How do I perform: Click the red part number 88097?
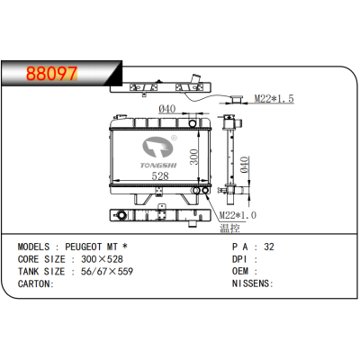[51, 74]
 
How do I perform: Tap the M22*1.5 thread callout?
[274, 98]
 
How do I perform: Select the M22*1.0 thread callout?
[238, 215]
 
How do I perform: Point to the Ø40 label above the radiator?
[167, 109]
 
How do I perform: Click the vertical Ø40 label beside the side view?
[245, 165]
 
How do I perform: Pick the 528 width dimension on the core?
[160, 175]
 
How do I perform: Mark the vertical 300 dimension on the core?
[194, 157]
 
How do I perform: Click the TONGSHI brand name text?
[158, 166]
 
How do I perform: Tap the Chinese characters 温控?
[230, 228]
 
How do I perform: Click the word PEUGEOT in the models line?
[84, 247]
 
